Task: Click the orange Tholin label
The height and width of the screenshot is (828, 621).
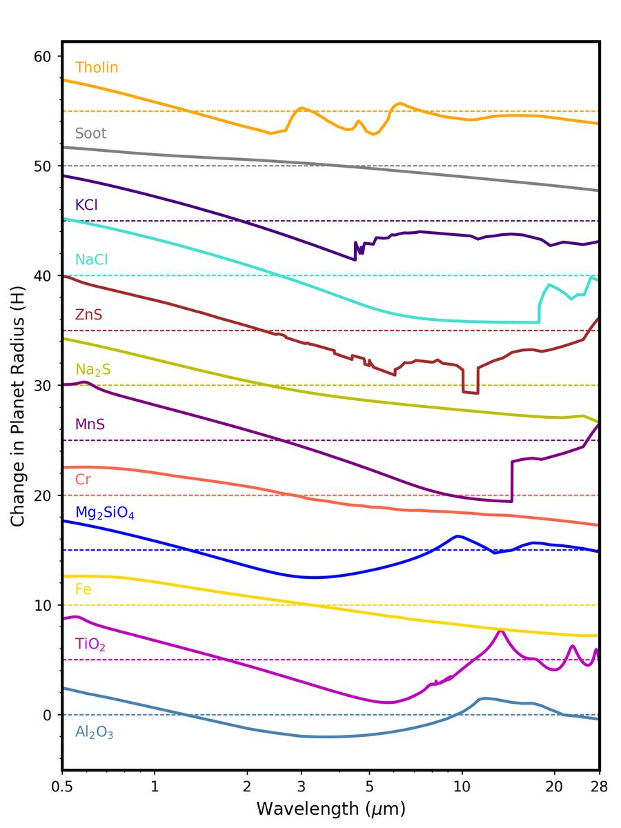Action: point(97,68)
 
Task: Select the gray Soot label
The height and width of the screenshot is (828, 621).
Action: point(91,133)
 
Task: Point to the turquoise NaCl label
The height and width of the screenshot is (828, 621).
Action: point(91,260)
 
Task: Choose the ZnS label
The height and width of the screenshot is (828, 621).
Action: point(88,315)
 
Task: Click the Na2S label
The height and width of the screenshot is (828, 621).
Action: point(92,371)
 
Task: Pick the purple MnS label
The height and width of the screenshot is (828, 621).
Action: point(90,424)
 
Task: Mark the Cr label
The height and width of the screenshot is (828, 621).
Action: point(83,479)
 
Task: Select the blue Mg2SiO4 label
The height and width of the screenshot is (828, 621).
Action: point(103,512)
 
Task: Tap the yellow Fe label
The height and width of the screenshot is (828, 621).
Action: point(83,589)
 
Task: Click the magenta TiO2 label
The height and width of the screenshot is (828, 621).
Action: point(90,644)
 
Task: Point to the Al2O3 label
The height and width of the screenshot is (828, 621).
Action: point(95,733)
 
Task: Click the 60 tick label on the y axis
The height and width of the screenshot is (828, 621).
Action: point(43,56)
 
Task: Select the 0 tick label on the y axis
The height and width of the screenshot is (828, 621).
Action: point(48,715)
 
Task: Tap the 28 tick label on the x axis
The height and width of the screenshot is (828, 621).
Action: point(598,786)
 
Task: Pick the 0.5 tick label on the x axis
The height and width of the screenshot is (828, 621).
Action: point(62,786)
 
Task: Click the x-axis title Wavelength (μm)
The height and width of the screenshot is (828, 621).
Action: point(331,808)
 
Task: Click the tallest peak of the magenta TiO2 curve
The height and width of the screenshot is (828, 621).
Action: point(501,631)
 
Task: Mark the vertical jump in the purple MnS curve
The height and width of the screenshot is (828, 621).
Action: point(511,481)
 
